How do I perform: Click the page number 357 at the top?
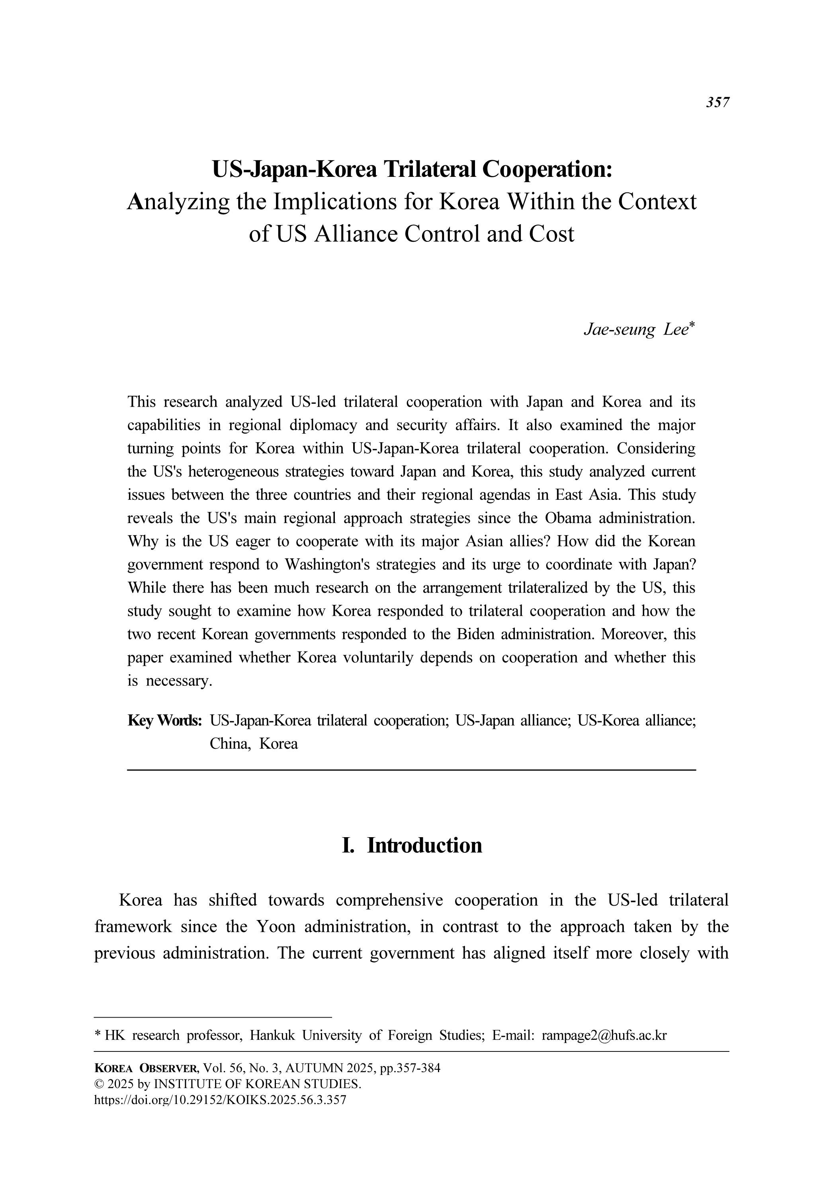(717, 102)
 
